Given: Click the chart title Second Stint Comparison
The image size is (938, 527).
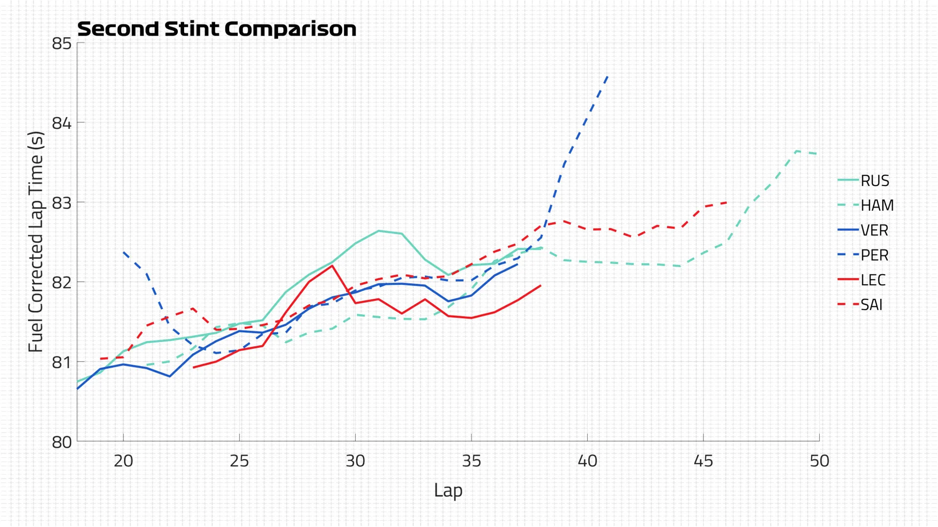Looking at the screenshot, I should [x=216, y=29].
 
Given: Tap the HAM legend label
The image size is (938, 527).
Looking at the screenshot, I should [x=876, y=206].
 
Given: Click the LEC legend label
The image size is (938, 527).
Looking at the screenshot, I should [x=873, y=280].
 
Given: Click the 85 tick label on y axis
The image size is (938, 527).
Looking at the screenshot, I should [x=62, y=43].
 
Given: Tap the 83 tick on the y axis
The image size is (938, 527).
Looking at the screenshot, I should [x=62, y=203].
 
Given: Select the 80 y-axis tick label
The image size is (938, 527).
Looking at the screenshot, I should [x=62, y=443].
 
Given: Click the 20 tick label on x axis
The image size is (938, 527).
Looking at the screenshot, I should [x=123, y=461].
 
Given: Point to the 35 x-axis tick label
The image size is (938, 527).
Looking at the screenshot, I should [x=471, y=461].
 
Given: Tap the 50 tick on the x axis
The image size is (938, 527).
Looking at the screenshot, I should [x=819, y=461].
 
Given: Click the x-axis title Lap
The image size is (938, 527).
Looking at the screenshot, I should [x=448, y=490].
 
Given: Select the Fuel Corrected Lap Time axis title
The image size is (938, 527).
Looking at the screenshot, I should [x=36, y=242].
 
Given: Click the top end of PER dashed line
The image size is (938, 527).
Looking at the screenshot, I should [x=607, y=76].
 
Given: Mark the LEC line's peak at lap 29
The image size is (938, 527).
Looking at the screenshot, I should [x=332, y=266].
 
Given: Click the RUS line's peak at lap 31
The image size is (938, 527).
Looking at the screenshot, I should [x=379, y=231].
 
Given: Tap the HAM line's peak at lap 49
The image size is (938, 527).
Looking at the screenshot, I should [x=796, y=151].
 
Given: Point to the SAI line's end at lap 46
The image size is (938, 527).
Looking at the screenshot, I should [x=726, y=202].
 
